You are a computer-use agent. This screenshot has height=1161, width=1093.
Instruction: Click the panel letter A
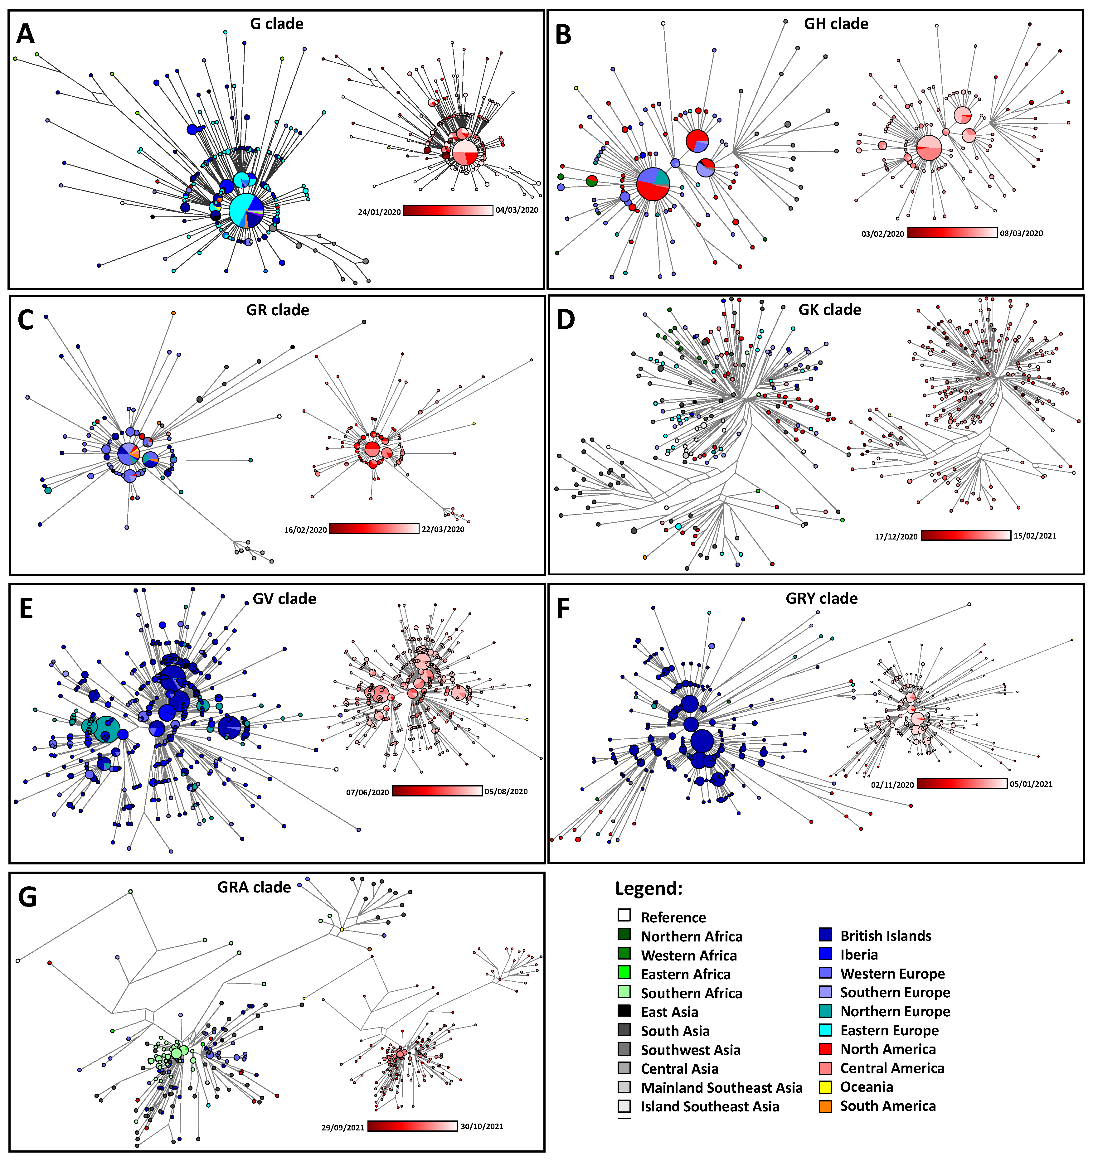25,34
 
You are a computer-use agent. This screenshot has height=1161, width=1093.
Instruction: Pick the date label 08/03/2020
1021,233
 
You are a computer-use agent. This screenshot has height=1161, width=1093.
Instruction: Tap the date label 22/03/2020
443,529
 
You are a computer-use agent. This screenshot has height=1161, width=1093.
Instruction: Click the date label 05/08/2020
506,791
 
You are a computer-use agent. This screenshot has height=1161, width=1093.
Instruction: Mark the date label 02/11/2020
892,784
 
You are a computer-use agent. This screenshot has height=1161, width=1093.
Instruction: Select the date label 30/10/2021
481,1126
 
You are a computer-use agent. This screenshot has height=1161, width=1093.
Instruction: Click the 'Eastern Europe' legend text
889,1030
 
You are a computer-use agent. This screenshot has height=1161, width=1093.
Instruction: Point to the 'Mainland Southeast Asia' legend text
721,1087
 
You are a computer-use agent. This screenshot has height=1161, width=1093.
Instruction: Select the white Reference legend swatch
624,915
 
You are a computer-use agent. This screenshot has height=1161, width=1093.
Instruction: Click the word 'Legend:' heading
649,888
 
